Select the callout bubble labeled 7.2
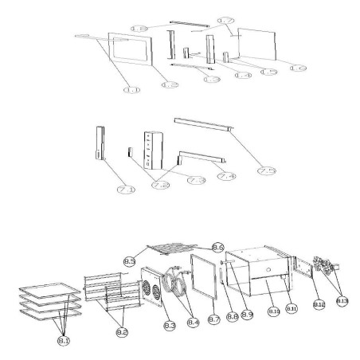pos(161,186)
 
